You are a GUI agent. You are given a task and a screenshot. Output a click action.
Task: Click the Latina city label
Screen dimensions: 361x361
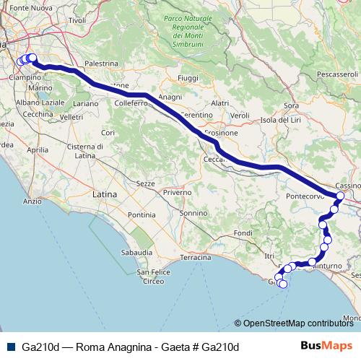(x=105, y=194)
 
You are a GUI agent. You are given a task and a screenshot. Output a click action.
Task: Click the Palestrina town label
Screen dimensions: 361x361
(x=101, y=64)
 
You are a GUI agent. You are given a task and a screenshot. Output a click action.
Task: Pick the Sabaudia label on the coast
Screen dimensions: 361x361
(x=136, y=253)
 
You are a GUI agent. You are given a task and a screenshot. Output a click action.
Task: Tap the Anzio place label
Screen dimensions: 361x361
(x=32, y=201)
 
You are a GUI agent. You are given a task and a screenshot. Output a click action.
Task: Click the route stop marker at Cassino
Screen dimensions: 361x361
(x=341, y=196)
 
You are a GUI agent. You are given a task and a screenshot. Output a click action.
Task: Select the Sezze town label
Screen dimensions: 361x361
(x=145, y=183)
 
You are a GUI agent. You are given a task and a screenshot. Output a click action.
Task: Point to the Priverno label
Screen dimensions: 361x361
(x=177, y=193)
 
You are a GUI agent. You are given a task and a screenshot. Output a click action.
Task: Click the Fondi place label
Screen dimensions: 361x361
(x=243, y=232)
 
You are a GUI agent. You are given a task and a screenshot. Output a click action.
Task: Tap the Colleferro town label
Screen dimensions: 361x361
(x=131, y=103)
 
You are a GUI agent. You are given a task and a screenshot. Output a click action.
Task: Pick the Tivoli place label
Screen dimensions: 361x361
(x=77, y=21)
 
